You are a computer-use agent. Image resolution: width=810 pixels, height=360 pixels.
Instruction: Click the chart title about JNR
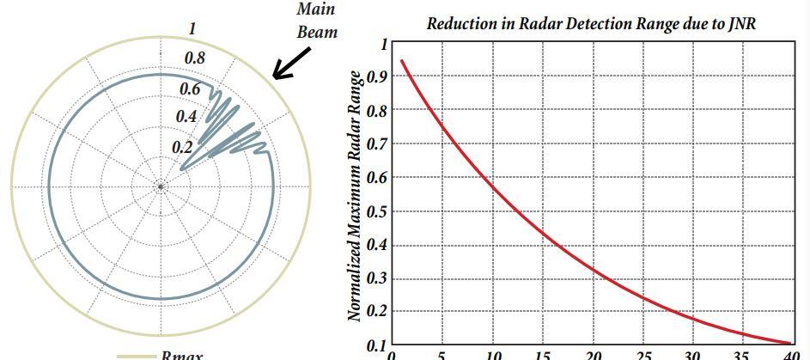(592, 24)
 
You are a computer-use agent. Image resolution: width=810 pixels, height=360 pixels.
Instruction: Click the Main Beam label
(316, 21)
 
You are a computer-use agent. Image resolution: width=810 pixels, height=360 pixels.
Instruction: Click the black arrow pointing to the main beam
(290, 64)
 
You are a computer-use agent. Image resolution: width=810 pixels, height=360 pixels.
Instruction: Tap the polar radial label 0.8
(195, 58)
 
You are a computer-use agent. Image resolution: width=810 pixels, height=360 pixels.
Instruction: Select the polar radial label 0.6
(189, 89)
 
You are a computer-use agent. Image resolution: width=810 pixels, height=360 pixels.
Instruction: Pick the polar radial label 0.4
(186, 117)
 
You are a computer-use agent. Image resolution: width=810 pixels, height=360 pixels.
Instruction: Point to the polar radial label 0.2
(182, 147)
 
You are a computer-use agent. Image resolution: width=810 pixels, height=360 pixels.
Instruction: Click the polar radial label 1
(192, 28)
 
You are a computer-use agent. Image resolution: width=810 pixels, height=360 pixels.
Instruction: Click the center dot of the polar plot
(161, 186)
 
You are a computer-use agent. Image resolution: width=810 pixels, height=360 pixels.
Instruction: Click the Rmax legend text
(181, 355)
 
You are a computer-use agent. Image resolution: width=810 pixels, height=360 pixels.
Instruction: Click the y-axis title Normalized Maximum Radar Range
(354, 197)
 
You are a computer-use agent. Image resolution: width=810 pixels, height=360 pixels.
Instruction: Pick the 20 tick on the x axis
(594, 355)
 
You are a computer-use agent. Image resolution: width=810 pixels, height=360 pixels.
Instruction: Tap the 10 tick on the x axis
(493, 355)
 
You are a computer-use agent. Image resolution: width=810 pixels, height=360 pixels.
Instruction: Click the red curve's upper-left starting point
(402, 60)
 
